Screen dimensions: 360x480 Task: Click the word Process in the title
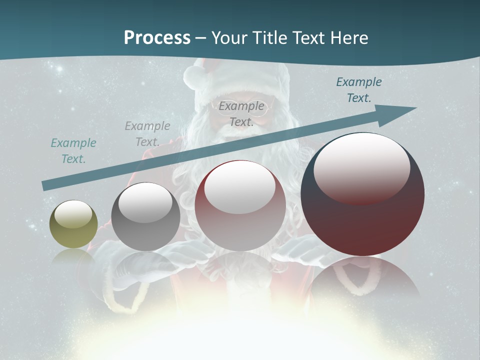[157, 38]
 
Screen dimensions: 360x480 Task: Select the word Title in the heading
[270, 38]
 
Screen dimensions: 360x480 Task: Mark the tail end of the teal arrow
[45, 185]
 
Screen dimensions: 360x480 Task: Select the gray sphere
[145, 217]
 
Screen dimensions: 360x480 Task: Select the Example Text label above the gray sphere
[147, 134]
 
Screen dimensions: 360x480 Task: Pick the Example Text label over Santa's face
[241, 114]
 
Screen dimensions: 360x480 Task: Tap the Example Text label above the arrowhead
[359, 90]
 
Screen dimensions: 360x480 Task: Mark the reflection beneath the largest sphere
[364, 280]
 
